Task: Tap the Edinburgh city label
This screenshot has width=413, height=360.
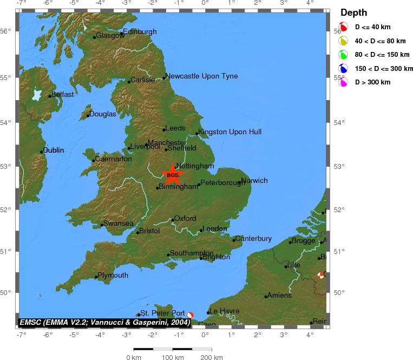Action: point(140,32)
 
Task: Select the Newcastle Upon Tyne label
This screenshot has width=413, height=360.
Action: point(201,76)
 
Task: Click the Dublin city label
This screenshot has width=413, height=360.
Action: point(54,150)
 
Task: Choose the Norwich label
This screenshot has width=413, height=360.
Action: point(254,181)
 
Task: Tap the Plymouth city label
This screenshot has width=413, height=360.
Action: point(113,276)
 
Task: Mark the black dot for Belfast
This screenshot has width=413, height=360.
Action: point(50,96)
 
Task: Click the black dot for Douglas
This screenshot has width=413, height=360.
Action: point(88,115)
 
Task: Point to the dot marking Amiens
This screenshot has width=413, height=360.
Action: point(266,296)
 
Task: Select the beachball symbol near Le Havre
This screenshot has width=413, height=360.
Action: point(191,315)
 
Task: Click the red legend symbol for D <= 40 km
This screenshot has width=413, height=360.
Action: point(343,27)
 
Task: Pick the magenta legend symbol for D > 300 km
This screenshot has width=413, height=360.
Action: point(343,82)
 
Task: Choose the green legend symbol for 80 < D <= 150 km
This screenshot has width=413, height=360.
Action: point(343,54)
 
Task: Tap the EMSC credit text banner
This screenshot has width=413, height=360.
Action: point(104,322)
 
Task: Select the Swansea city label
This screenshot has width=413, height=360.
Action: point(119,224)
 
